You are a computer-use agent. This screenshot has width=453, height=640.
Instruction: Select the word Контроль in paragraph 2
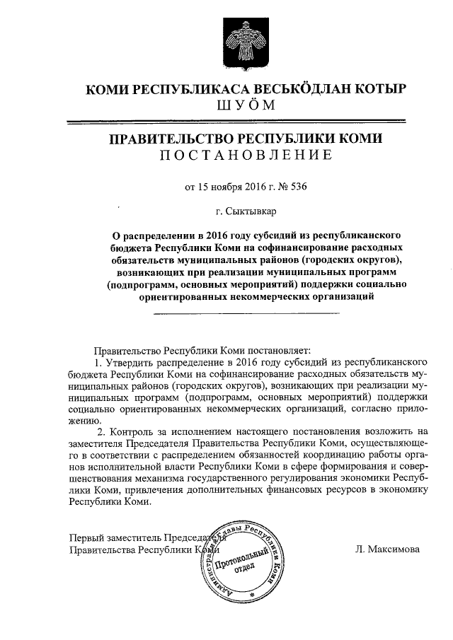(131, 430)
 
